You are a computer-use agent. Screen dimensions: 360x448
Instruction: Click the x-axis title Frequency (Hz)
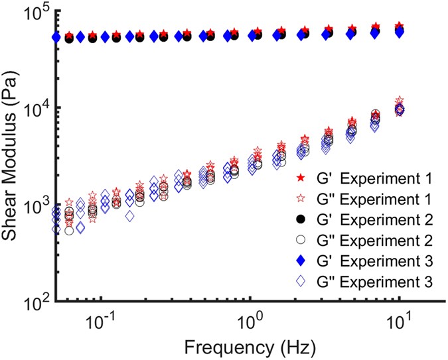point(251,345)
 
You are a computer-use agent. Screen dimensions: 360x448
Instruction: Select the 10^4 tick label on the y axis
point(37,108)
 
